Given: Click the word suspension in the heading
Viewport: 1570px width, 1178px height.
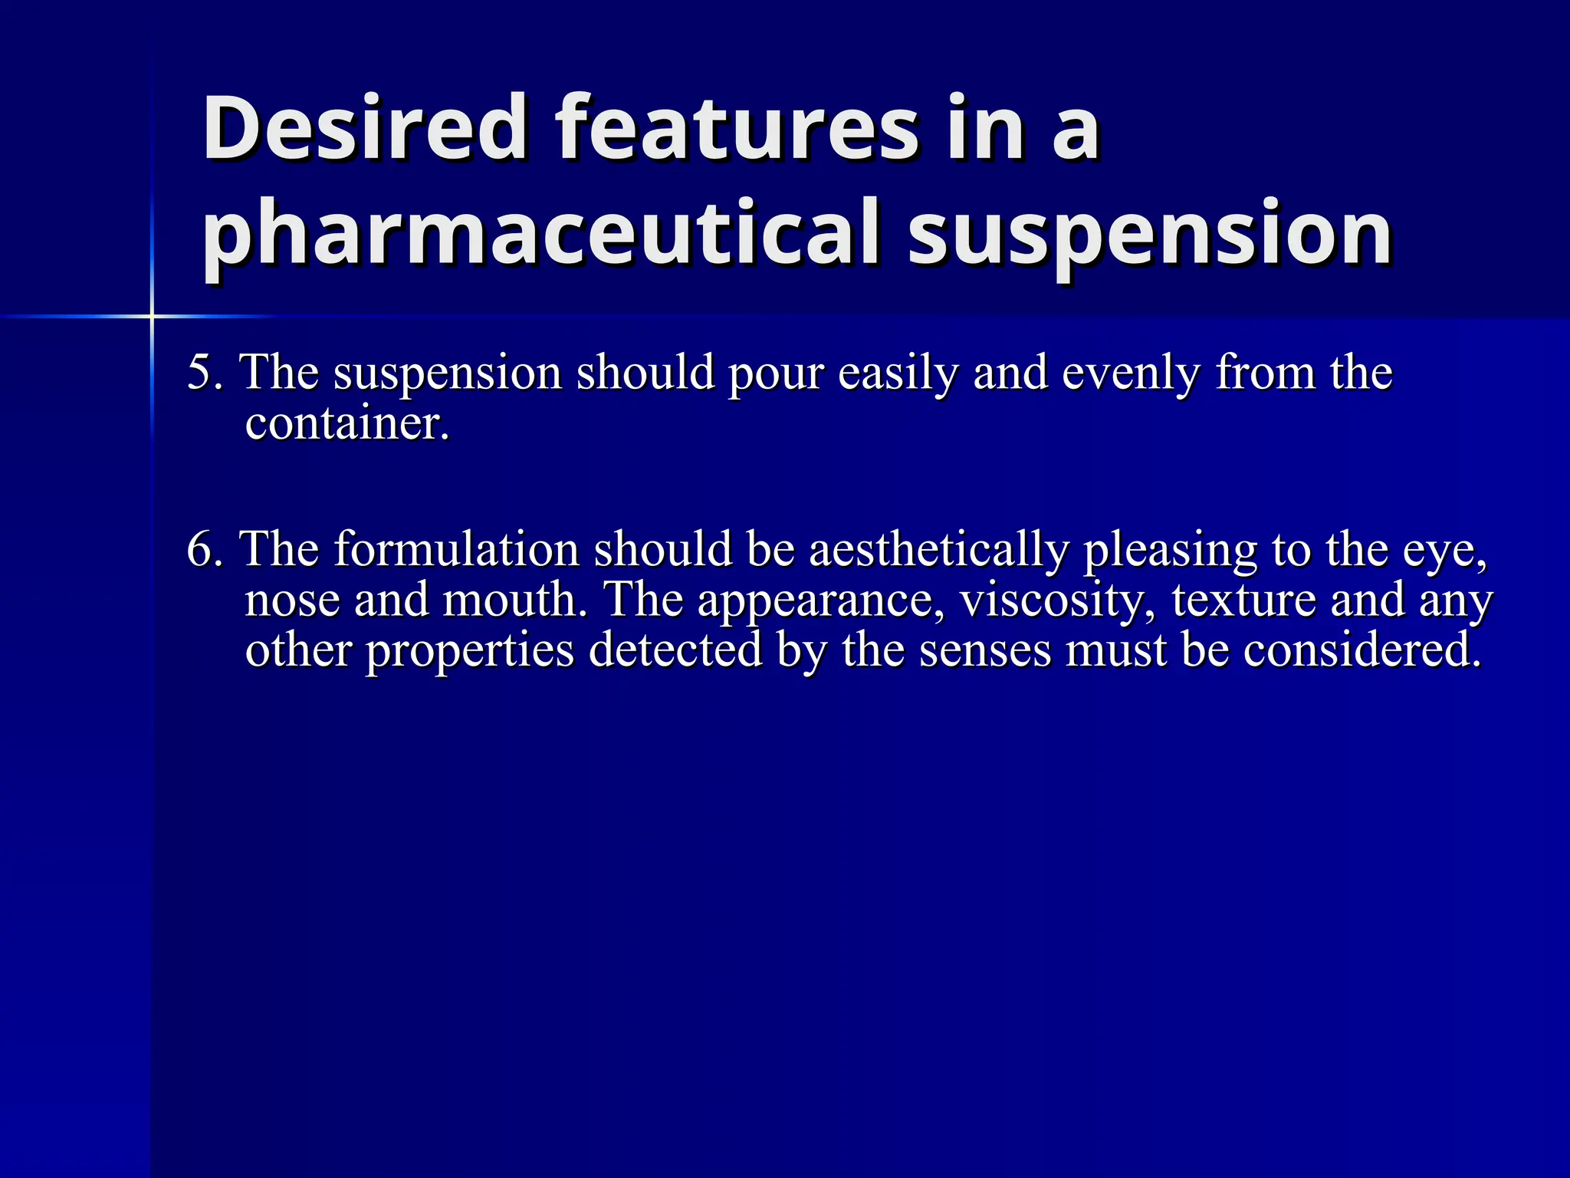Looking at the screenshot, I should [x=1150, y=233].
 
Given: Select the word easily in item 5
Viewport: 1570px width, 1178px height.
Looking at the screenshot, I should [x=898, y=373].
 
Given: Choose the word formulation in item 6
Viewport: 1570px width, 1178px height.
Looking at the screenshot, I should [x=456, y=550].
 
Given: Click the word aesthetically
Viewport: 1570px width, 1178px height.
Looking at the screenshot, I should [x=938, y=550].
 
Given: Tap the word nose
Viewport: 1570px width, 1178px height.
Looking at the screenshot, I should [x=292, y=601].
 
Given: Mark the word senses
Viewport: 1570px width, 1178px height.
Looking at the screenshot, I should [x=985, y=651].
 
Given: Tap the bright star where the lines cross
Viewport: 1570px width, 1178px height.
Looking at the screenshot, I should [x=152, y=316].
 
